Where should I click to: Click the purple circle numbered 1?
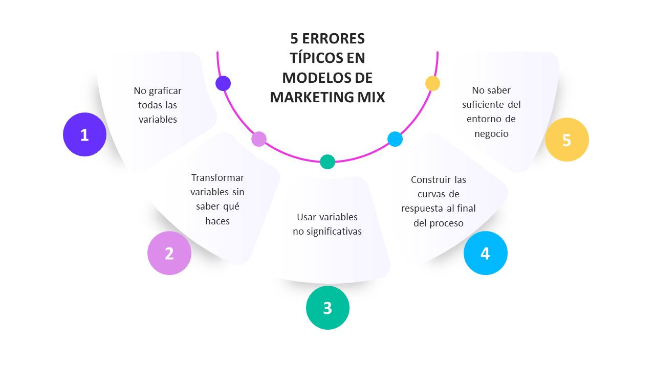coord(84,134)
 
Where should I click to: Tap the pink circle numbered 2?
coord(169,253)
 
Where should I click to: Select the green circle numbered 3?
coord(327,308)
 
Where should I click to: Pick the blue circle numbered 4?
coord(486,253)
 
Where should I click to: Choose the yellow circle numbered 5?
coord(566,140)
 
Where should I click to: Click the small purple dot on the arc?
coord(223,83)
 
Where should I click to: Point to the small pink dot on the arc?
coord(259,139)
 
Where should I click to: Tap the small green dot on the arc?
coord(327,162)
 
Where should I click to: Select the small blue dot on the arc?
coord(395,139)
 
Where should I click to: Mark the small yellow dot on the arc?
coord(432,83)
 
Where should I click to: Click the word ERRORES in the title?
coord(333,38)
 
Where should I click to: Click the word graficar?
coord(165,91)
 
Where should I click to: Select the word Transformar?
coord(217,177)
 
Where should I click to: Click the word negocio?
coord(491,134)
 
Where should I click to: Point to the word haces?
coord(217,221)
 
